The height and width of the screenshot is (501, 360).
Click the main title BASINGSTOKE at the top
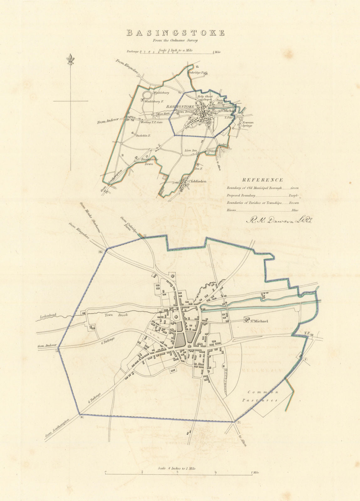pos(175,33)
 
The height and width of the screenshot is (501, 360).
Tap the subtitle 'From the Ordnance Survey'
pos(175,40)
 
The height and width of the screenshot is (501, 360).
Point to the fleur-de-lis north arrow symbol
pos(70,60)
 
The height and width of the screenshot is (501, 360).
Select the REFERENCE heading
pos(262,180)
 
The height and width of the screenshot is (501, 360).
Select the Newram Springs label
pos(247,124)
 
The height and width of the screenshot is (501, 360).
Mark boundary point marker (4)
pos(82,417)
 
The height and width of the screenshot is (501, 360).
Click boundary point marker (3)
pos(238,423)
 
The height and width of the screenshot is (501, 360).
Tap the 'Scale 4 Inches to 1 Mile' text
pos(177,460)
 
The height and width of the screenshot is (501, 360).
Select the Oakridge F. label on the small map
pos(196,73)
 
